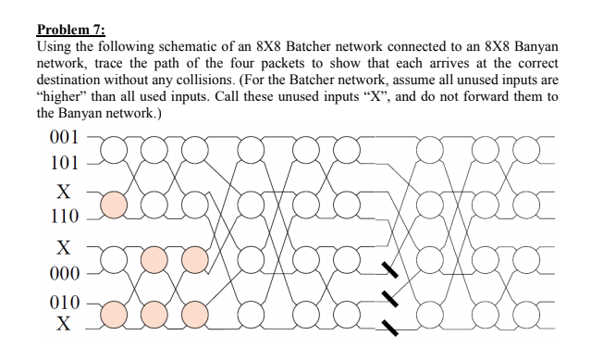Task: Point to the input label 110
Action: point(62,219)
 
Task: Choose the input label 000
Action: point(62,274)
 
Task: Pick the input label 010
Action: point(62,304)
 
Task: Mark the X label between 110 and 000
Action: point(63,247)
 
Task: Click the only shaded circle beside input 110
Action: point(115,205)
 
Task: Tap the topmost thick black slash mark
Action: point(392,269)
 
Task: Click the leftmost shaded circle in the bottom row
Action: point(115,315)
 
